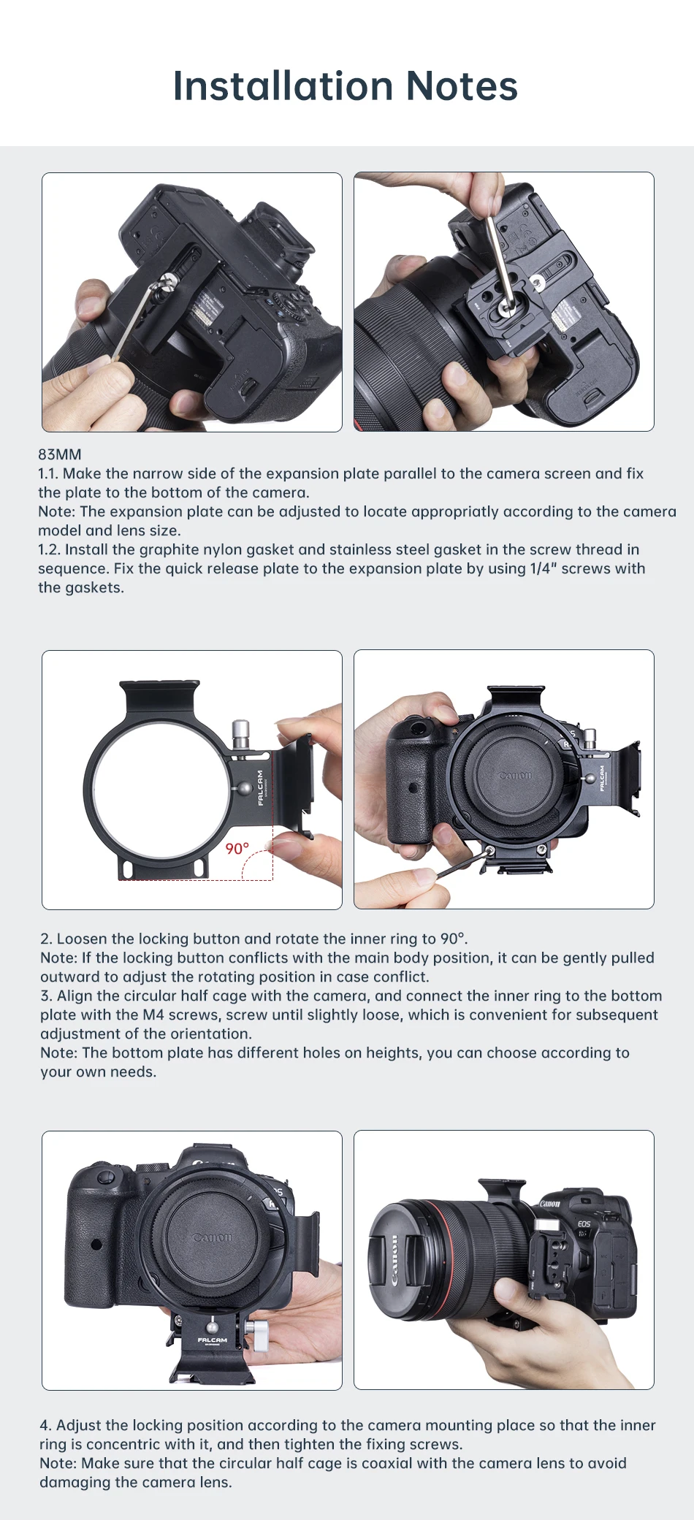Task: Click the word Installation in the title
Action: (284, 86)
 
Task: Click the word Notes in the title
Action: (462, 86)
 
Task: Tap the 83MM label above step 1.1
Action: (60, 454)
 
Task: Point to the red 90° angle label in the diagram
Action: (237, 848)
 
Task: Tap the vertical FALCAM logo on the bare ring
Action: (261, 787)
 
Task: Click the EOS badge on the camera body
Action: (584, 1223)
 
